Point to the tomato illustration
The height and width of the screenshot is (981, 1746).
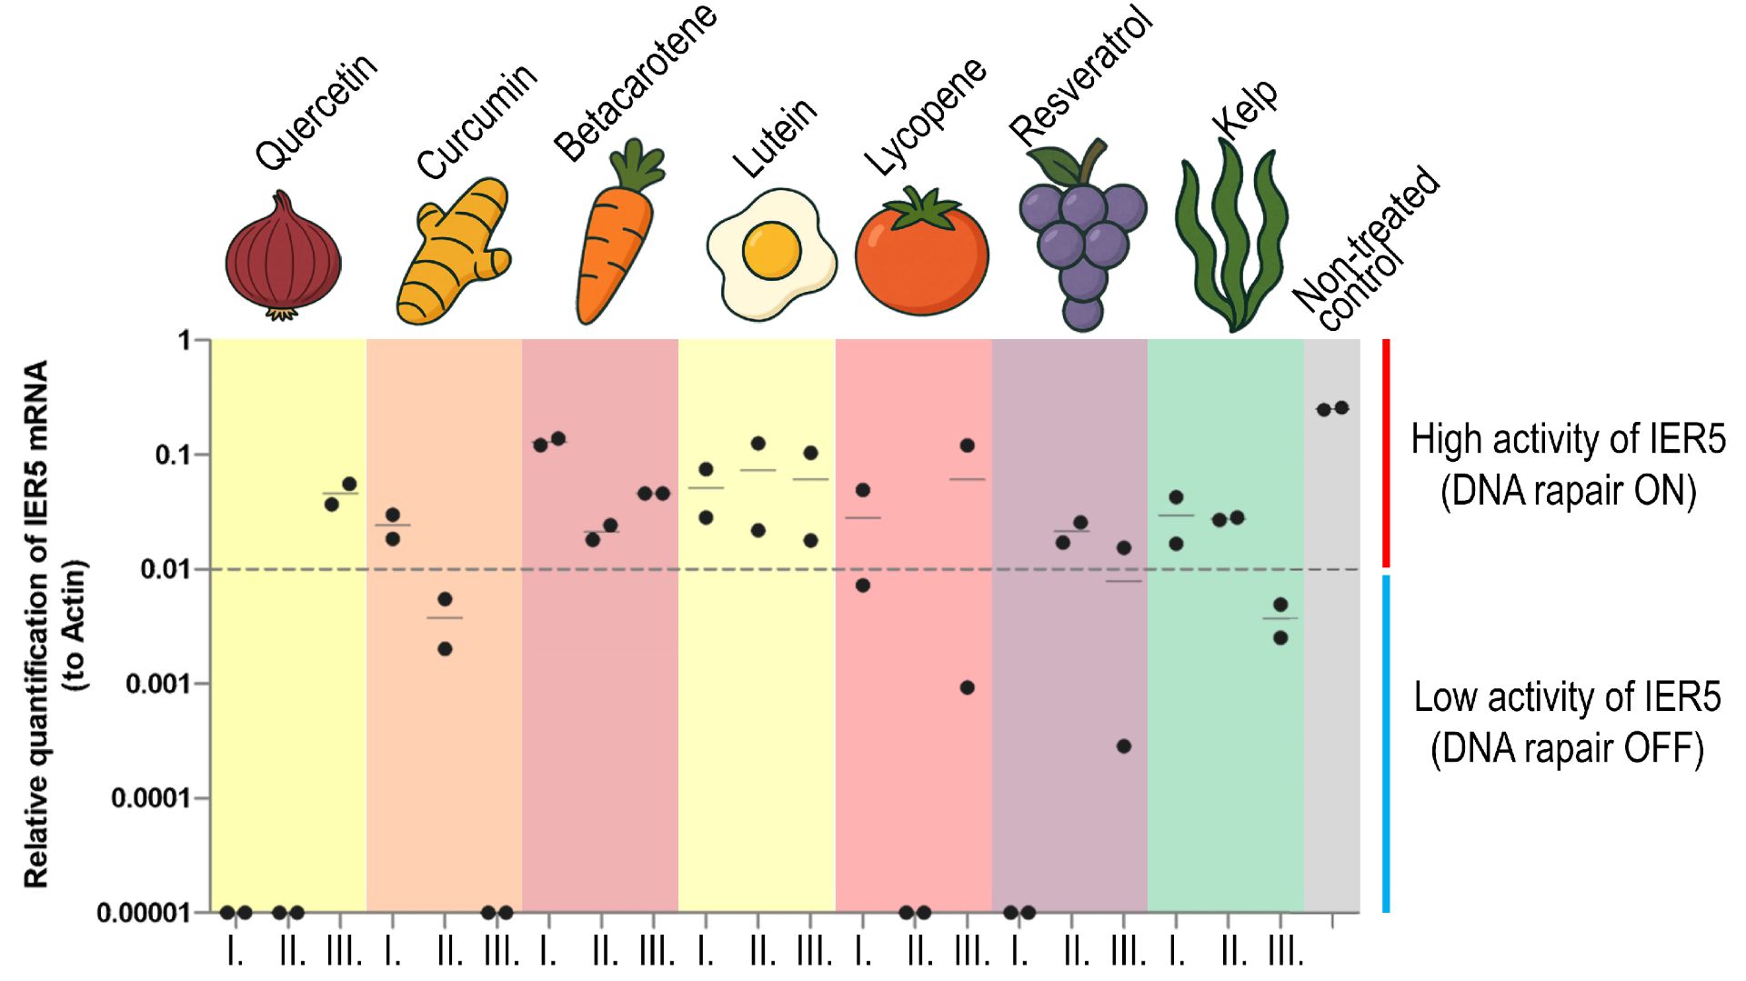(921, 255)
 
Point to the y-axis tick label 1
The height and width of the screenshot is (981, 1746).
(184, 341)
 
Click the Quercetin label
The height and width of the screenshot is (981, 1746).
(316, 111)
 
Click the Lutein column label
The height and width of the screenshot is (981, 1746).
(775, 138)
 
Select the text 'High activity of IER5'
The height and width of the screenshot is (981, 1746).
(1568, 439)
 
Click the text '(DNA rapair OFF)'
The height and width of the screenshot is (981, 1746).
(1567, 749)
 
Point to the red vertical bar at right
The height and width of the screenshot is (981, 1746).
(1386, 453)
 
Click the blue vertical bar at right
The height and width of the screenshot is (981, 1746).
(1386, 743)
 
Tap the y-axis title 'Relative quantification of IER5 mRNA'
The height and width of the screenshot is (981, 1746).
(36, 624)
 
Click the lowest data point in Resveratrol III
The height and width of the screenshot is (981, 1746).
(1124, 746)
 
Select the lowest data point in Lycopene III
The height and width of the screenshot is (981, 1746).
(968, 687)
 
